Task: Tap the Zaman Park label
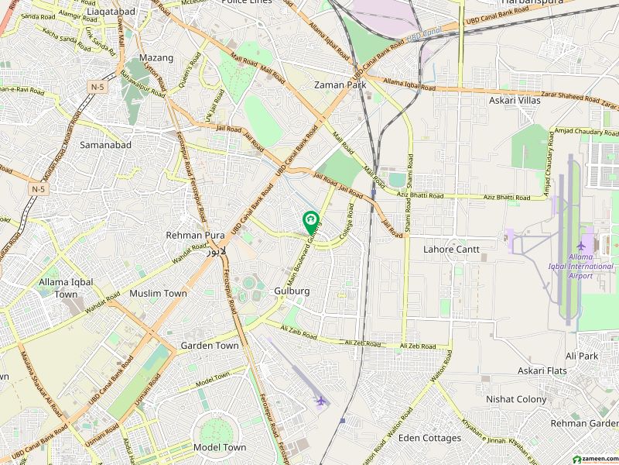[340, 84]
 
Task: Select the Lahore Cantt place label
[451, 250]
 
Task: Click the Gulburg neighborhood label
[292, 291]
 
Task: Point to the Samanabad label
[106, 145]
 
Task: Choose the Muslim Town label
[158, 294]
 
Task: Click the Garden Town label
[210, 346]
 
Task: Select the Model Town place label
[220, 447]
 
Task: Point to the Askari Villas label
[515, 101]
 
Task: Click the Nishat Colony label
[516, 399]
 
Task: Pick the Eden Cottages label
[429, 438]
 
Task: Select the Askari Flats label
[542, 371]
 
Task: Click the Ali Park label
[582, 356]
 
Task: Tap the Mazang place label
[156, 58]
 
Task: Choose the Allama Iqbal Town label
[66, 288]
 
